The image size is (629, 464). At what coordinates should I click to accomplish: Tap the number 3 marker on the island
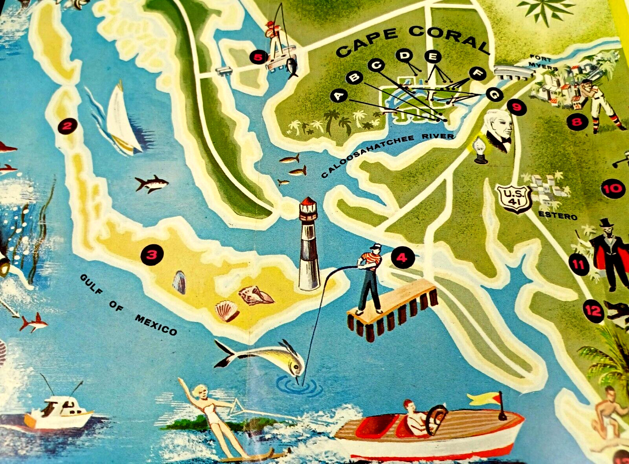pos(152,255)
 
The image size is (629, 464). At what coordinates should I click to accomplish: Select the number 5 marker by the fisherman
pos(258,58)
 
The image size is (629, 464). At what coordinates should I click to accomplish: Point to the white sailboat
pos(122,120)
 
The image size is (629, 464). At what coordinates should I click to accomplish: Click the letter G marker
pos(494,94)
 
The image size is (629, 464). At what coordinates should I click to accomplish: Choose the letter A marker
pos(339,96)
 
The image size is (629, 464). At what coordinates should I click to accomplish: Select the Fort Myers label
pos(543,63)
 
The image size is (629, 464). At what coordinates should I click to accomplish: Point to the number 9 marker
pos(517,107)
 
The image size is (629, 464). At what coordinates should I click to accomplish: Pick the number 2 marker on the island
pos(67,126)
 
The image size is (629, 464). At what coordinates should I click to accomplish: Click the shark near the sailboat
pos(152,184)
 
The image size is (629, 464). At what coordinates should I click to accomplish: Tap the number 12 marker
pos(593,311)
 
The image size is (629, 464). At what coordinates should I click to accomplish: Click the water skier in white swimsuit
pos(214,415)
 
